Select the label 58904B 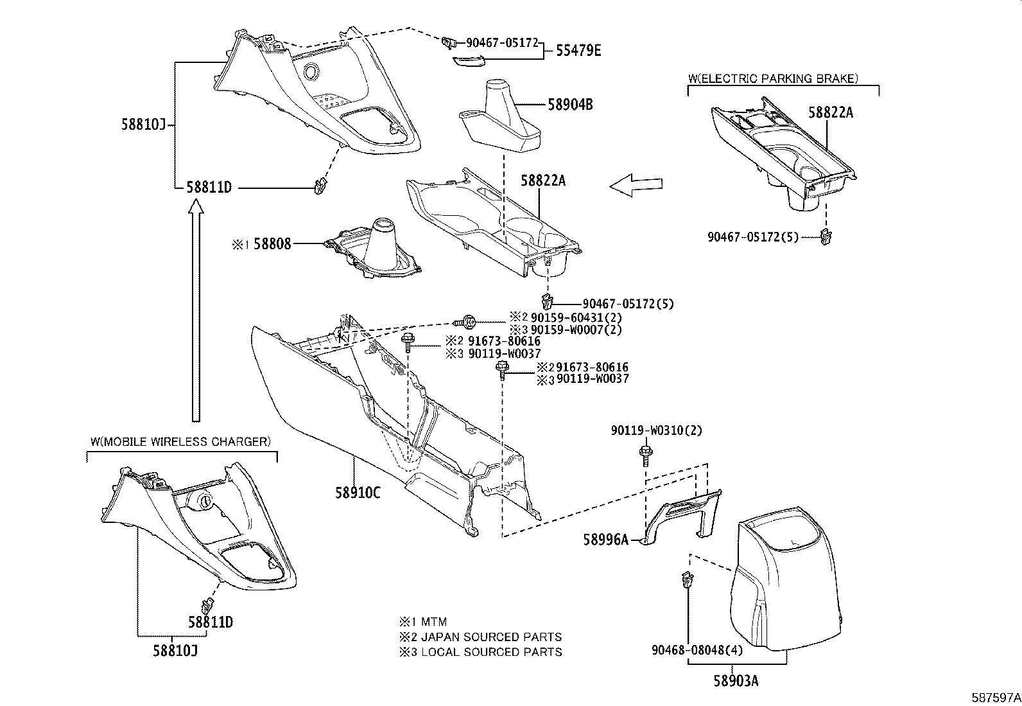click(570, 104)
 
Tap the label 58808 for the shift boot click(272, 243)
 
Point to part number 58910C click(358, 493)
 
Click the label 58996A click(605, 540)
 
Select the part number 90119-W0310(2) click(656, 430)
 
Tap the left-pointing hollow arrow click(636, 185)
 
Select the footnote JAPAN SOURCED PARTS click(491, 637)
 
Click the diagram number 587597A click(994, 697)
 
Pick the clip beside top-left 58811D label click(319, 188)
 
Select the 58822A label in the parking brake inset click(830, 112)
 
